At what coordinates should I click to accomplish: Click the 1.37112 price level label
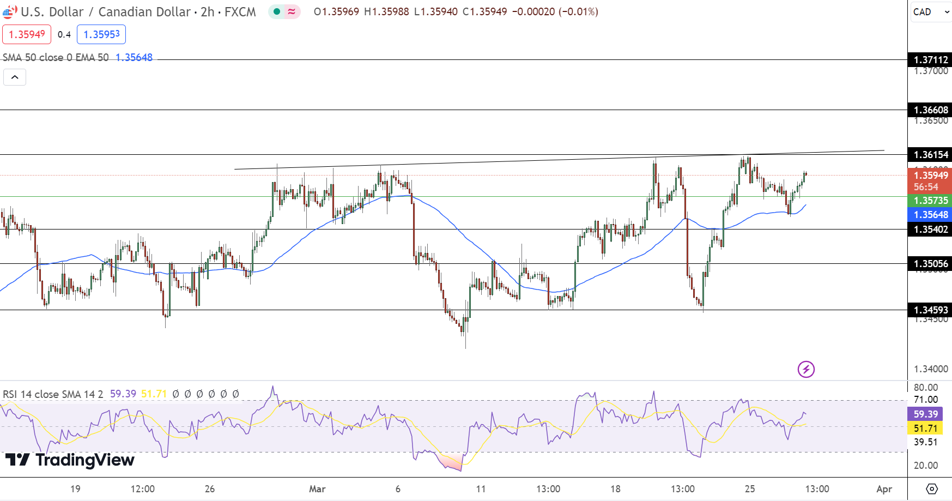[x=930, y=60]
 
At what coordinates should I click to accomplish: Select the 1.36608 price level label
[x=930, y=110]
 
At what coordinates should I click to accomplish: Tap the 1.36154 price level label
[x=930, y=155]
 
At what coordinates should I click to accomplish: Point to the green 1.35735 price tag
[x=930, y=201]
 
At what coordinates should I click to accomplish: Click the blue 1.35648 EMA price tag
[x=930, y=215]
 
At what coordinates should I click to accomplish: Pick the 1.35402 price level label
[x=930, y=230]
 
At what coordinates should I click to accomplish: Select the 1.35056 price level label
[x=930, y=264]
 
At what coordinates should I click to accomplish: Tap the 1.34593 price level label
[x=930, y=310]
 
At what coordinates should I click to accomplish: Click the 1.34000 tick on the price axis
[x=931, y=369]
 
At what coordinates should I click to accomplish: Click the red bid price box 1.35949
[x=27, y=34]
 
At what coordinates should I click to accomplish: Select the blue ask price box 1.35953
[x=101, y=34]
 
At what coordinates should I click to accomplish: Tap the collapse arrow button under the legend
[x=15, y=77]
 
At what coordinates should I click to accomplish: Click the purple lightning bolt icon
[x=806, y=369]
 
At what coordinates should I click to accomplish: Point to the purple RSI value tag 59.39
[x=925, y=414]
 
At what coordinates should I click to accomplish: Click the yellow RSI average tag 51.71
[x=925, y=428]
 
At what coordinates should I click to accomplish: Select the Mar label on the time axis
[x=317, y=489]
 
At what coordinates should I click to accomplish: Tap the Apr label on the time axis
[x=884, y=489]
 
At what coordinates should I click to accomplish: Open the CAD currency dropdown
[x=931, y=12]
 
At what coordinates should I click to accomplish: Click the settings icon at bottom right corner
[x=932, y=489]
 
